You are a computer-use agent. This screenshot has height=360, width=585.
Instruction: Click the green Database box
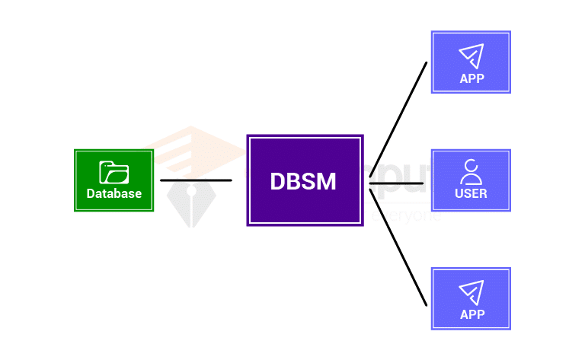tap(114, 180)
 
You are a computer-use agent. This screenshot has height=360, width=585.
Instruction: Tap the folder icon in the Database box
tap(114, 173)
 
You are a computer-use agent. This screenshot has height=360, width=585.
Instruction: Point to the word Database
tap(114, 193)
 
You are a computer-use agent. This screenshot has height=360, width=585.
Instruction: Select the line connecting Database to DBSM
tap(196, 180)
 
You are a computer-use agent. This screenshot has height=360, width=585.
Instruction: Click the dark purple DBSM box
tap(305, 180)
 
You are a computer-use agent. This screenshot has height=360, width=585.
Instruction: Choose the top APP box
tap(471, 62)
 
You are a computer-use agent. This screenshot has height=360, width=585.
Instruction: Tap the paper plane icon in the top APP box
tap(472, 55)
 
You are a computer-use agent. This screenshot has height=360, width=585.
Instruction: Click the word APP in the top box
tap(472, 78)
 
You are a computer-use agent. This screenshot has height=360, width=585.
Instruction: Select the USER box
tap(471, 180)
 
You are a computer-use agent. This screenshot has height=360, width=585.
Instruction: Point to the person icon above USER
tap(472, 172)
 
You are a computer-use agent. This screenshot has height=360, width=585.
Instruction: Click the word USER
tap(472, 193)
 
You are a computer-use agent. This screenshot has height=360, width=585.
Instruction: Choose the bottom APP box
tap(471, 298)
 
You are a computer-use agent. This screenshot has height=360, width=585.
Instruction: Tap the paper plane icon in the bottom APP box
tap(472, 292)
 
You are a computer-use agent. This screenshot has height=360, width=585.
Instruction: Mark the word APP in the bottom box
tap(472, 314)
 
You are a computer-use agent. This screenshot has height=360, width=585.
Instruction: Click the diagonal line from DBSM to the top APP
tap(398, 122)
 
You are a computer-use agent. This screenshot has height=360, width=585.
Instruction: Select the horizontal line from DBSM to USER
tap(396, 183)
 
